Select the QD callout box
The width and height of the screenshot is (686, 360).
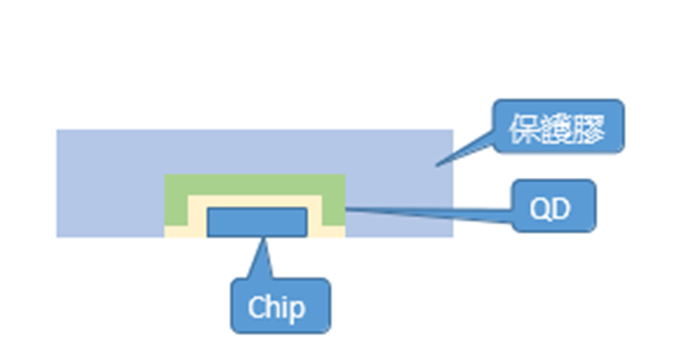(554, 206)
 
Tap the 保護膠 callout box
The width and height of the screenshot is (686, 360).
(558, 126)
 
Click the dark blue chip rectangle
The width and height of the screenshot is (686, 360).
(257, 221)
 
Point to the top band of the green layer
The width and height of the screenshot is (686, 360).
(255, 184)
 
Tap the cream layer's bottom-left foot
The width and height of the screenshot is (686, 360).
(175, 231)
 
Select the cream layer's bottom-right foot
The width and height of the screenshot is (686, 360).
(333, 231)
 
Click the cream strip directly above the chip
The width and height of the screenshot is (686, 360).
(255, 202)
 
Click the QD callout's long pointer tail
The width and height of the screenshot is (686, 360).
(428, 212)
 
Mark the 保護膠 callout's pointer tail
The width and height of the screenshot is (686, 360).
(467, 148)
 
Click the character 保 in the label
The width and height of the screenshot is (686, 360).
(523, 127)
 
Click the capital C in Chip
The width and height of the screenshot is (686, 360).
(258, 308)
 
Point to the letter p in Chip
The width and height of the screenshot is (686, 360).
(297, 310)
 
